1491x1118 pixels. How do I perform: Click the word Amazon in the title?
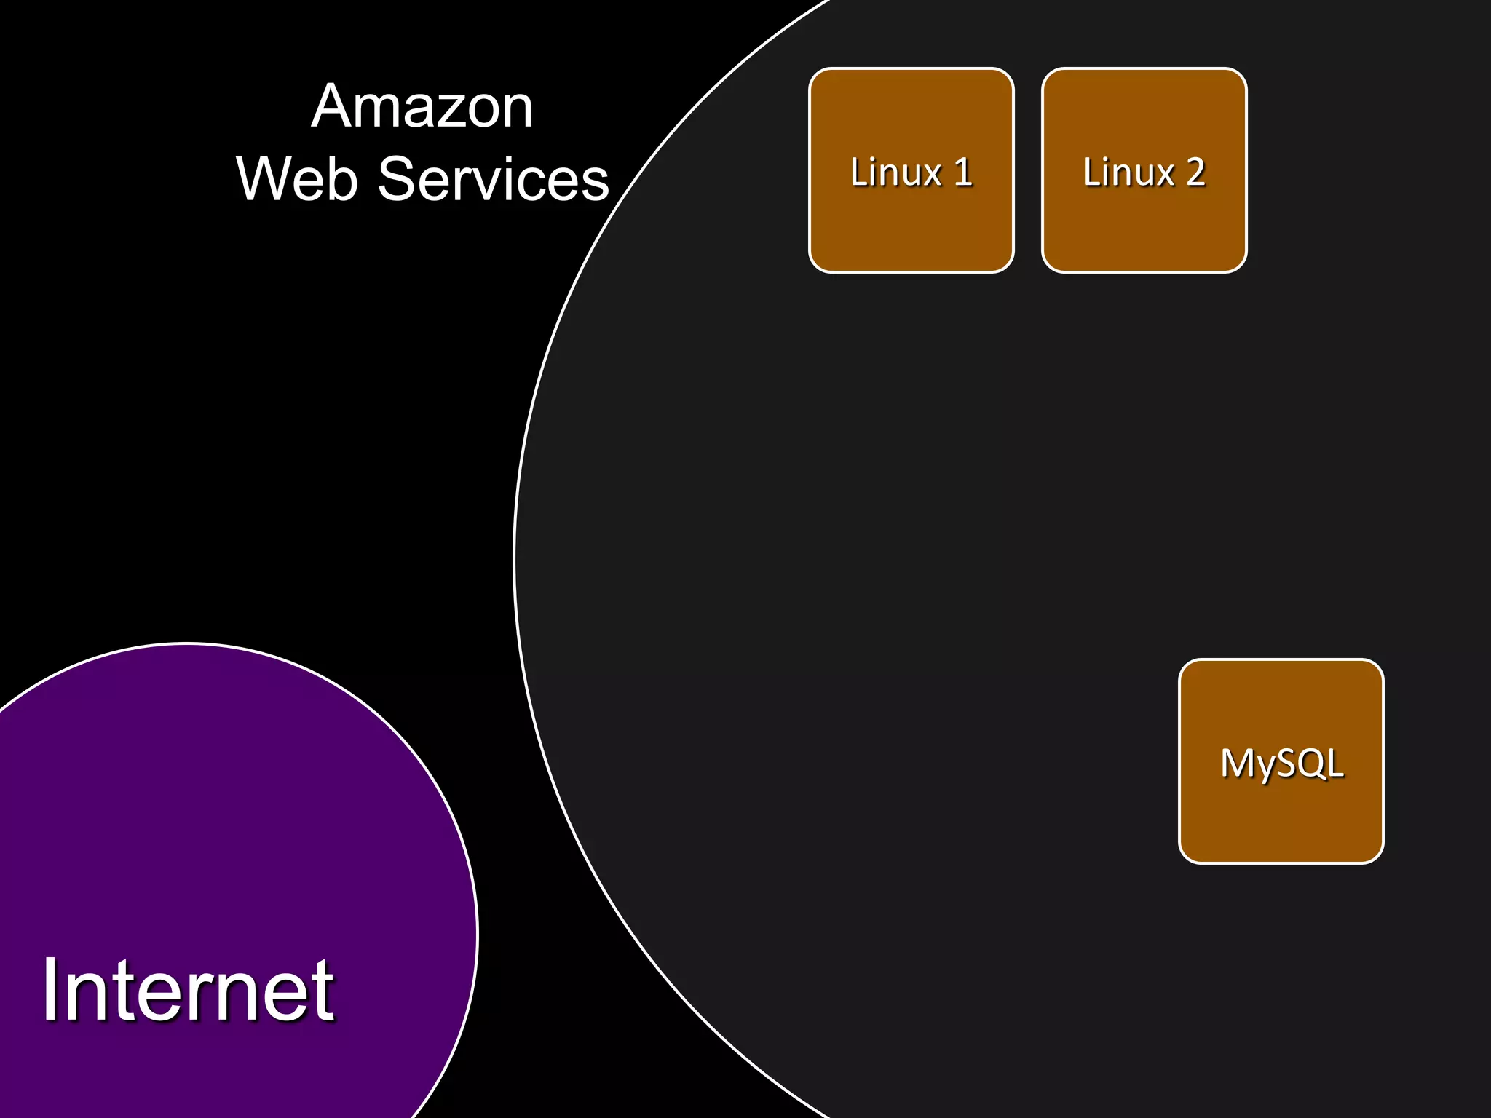tap(422, 107)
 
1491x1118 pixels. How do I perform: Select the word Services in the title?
tap(493, 179)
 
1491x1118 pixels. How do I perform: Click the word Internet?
tap(188, 990)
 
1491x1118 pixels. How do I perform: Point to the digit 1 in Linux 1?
tap(963, 173)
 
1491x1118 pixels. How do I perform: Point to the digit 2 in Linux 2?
tap(1195, 173)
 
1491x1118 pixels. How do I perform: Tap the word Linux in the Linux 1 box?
tap(895, 173)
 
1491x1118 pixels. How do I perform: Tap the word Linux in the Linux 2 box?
tap(1128, 173)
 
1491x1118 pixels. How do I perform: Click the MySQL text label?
tap(1281, 764)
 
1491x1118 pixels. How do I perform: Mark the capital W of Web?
tap(264, 179)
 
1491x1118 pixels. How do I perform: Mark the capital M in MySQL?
tap(1235, 764)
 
